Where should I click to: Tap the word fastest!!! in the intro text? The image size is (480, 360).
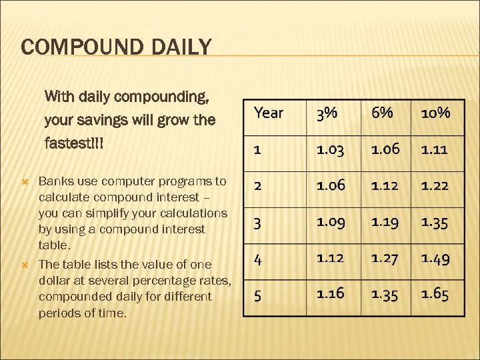click(75, 143)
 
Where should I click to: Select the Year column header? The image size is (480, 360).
click(269, 113)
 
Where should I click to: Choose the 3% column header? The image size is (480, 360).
click(327, 113)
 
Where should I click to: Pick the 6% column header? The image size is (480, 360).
click(382, 113)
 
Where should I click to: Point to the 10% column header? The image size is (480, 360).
click(435, 113)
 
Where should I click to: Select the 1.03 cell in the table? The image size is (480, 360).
click(330, 149)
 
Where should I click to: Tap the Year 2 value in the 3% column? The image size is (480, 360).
click(330, 185)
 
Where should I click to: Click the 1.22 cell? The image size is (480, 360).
click(435, 185)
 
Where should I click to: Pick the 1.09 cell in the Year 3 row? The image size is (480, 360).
click(330, 221)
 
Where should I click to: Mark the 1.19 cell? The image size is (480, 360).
click(385, 221)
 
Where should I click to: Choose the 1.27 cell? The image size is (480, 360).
click(385, 257)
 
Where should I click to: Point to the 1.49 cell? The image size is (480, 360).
click(435, 257)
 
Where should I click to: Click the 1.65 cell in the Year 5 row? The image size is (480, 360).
click(435, 293)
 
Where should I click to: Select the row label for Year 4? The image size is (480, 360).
click(258, 258)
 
